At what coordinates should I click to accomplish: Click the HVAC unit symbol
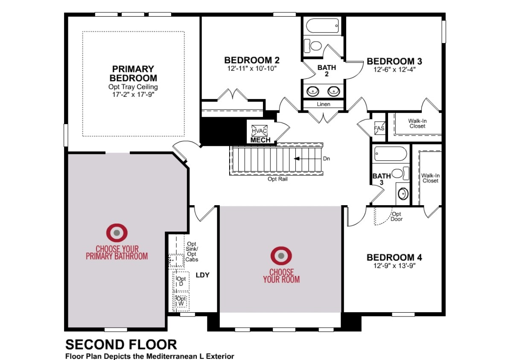(260, 131)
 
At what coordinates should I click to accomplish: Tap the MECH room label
(260, 140)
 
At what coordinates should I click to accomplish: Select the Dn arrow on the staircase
(308, 159)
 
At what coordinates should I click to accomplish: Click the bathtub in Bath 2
(323, 26)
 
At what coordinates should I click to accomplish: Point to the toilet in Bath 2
(312, 46)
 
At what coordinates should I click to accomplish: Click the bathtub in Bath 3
(391, 154)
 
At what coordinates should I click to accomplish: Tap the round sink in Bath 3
(403, 194)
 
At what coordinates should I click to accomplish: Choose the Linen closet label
(323, 104)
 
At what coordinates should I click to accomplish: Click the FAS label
(380, 128)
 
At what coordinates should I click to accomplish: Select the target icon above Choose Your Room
(281, 255)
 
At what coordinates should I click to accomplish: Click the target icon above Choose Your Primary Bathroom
(117, 233)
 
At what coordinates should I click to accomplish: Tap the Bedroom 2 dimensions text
(252, 69)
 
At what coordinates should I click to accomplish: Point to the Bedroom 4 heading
(394, 258)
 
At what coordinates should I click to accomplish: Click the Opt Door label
(397, 216)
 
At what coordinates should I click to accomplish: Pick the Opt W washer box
(181, 301)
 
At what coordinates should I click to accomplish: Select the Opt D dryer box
(181, 281)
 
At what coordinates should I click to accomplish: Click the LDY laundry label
(202, 275)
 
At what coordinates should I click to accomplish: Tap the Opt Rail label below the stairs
(277, 179)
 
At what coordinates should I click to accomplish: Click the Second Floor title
(121, 344)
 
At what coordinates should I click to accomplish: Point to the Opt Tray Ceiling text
(133, 87)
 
